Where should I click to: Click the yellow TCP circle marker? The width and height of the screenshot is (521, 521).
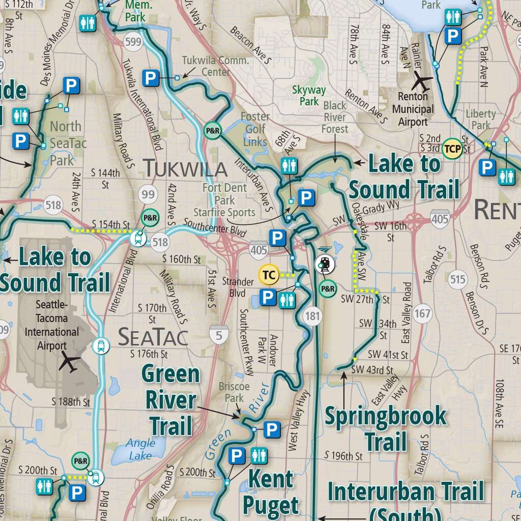pyautogui.click(x=452, y=149)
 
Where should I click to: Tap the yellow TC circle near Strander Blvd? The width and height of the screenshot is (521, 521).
pyautogui.click(x=269, y=275)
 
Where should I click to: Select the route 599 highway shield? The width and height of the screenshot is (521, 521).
pyautogui.click(x=133, y=42)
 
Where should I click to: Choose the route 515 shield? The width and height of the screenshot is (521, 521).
pyautogui.click(x=458, y=279)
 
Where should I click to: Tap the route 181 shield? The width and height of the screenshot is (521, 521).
pyautogui.click(x=312, y=316)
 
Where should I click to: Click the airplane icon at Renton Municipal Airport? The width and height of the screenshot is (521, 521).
pyautogui.click(x=422, y=80)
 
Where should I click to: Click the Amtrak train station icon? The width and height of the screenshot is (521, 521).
pyautogui.click(x=325, y=264)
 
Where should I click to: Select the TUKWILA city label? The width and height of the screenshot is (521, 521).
pyautogui.click(x=185, y=168)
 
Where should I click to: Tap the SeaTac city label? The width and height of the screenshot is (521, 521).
pyautogui.click(x=153, y=337)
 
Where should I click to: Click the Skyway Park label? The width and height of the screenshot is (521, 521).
pyautogui.click(x=309, y=96)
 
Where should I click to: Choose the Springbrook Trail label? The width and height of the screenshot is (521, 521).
pyautogui.click(x=386, y=428)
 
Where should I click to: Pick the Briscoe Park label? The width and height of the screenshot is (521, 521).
pyautogui.click(x=234, y=392)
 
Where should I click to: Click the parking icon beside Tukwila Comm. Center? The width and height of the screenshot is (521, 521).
pyautogui.click(x=151, y=78)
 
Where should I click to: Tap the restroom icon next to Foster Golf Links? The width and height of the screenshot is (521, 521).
pyautogui.click(x=288, y=166)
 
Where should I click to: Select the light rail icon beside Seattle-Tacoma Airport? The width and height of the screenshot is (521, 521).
pyautogui.click(x=102, y=346)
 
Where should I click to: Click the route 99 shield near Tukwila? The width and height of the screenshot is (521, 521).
pyautogui.click(x=149, y=193)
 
